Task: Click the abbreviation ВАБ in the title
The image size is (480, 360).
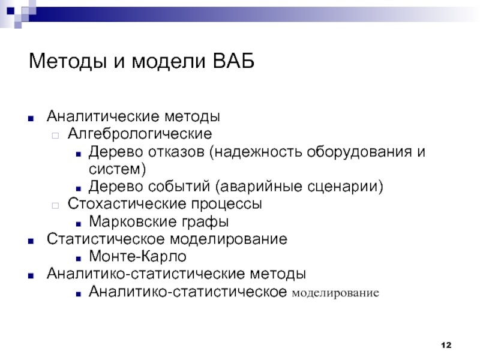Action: pos(233,61)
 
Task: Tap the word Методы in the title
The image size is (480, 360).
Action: pos(68,61)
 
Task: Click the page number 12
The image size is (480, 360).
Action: pos(446,345)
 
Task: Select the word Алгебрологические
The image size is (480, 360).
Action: pos(140,134)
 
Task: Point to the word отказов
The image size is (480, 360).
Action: pos(176,152)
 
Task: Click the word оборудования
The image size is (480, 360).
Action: pos(359,152)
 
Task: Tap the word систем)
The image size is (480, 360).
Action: pos(117,169)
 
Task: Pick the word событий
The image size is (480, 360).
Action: pos(180,187)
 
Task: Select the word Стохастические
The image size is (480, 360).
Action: pos(127,203)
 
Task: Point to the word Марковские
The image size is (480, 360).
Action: pos(133,221)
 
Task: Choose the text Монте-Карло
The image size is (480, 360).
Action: pos(137,256)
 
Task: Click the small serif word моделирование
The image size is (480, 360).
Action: pos(335,293)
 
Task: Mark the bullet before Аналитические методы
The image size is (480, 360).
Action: pos(31,118)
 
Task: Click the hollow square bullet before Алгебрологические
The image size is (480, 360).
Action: pos(55,136)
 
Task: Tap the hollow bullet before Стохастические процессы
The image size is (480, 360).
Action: pos(55,205)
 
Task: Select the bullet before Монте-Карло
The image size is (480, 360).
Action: pos(79,259)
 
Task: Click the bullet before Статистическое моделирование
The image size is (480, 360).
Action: pos(31,241)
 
